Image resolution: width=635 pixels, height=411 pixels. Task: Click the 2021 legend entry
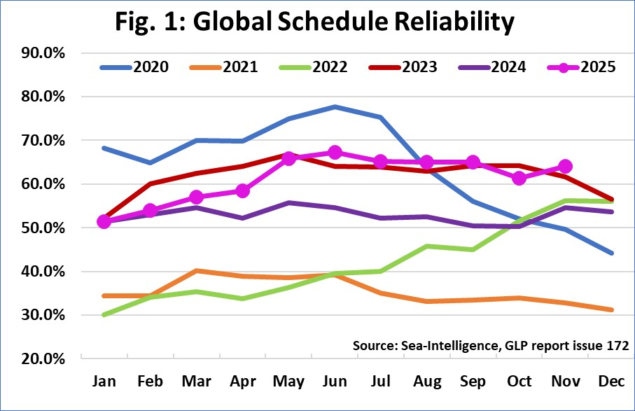tap(223, 68)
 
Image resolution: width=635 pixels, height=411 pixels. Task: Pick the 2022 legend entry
tap(313, 68)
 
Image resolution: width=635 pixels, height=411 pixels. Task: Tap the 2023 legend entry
tap(405, 68)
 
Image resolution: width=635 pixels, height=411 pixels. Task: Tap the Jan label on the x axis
tap(104, 382)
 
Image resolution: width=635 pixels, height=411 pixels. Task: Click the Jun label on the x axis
tap(335, 382)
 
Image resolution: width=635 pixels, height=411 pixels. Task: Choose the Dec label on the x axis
tap(610, 382)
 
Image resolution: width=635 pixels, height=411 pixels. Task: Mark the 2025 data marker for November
tap(565, 167)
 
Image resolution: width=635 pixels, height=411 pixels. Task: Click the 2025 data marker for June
tap(335, 153)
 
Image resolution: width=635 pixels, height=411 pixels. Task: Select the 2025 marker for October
tap(519, 179)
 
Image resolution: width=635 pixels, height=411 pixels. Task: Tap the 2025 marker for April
tap(242, 190)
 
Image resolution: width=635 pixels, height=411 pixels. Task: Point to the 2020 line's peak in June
tap(335, 107)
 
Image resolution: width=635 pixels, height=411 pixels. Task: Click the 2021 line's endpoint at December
tap(610, 309)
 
